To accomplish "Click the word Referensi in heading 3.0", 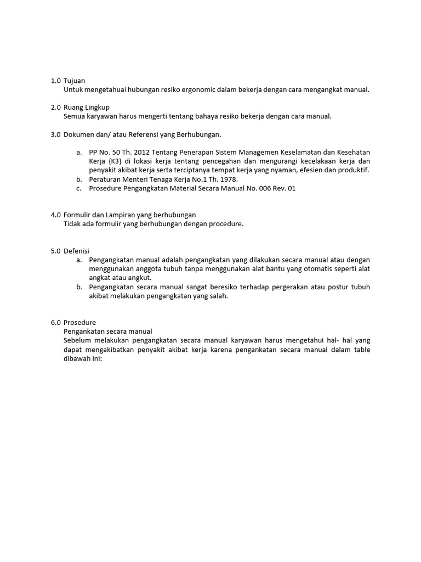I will pyautogui.click(x=148, y=134).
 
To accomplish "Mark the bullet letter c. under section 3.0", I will pyautogui.click(x=79, y=188).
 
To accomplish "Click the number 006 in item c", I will pyautogui.click(x=259, y=188).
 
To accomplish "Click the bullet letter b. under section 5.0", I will pyautogui.click(x=79, y=286).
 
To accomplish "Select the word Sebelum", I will pyautogui.click(x=77, y=340).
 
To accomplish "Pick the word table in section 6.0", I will pyautogui.click(x=360, y=349).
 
